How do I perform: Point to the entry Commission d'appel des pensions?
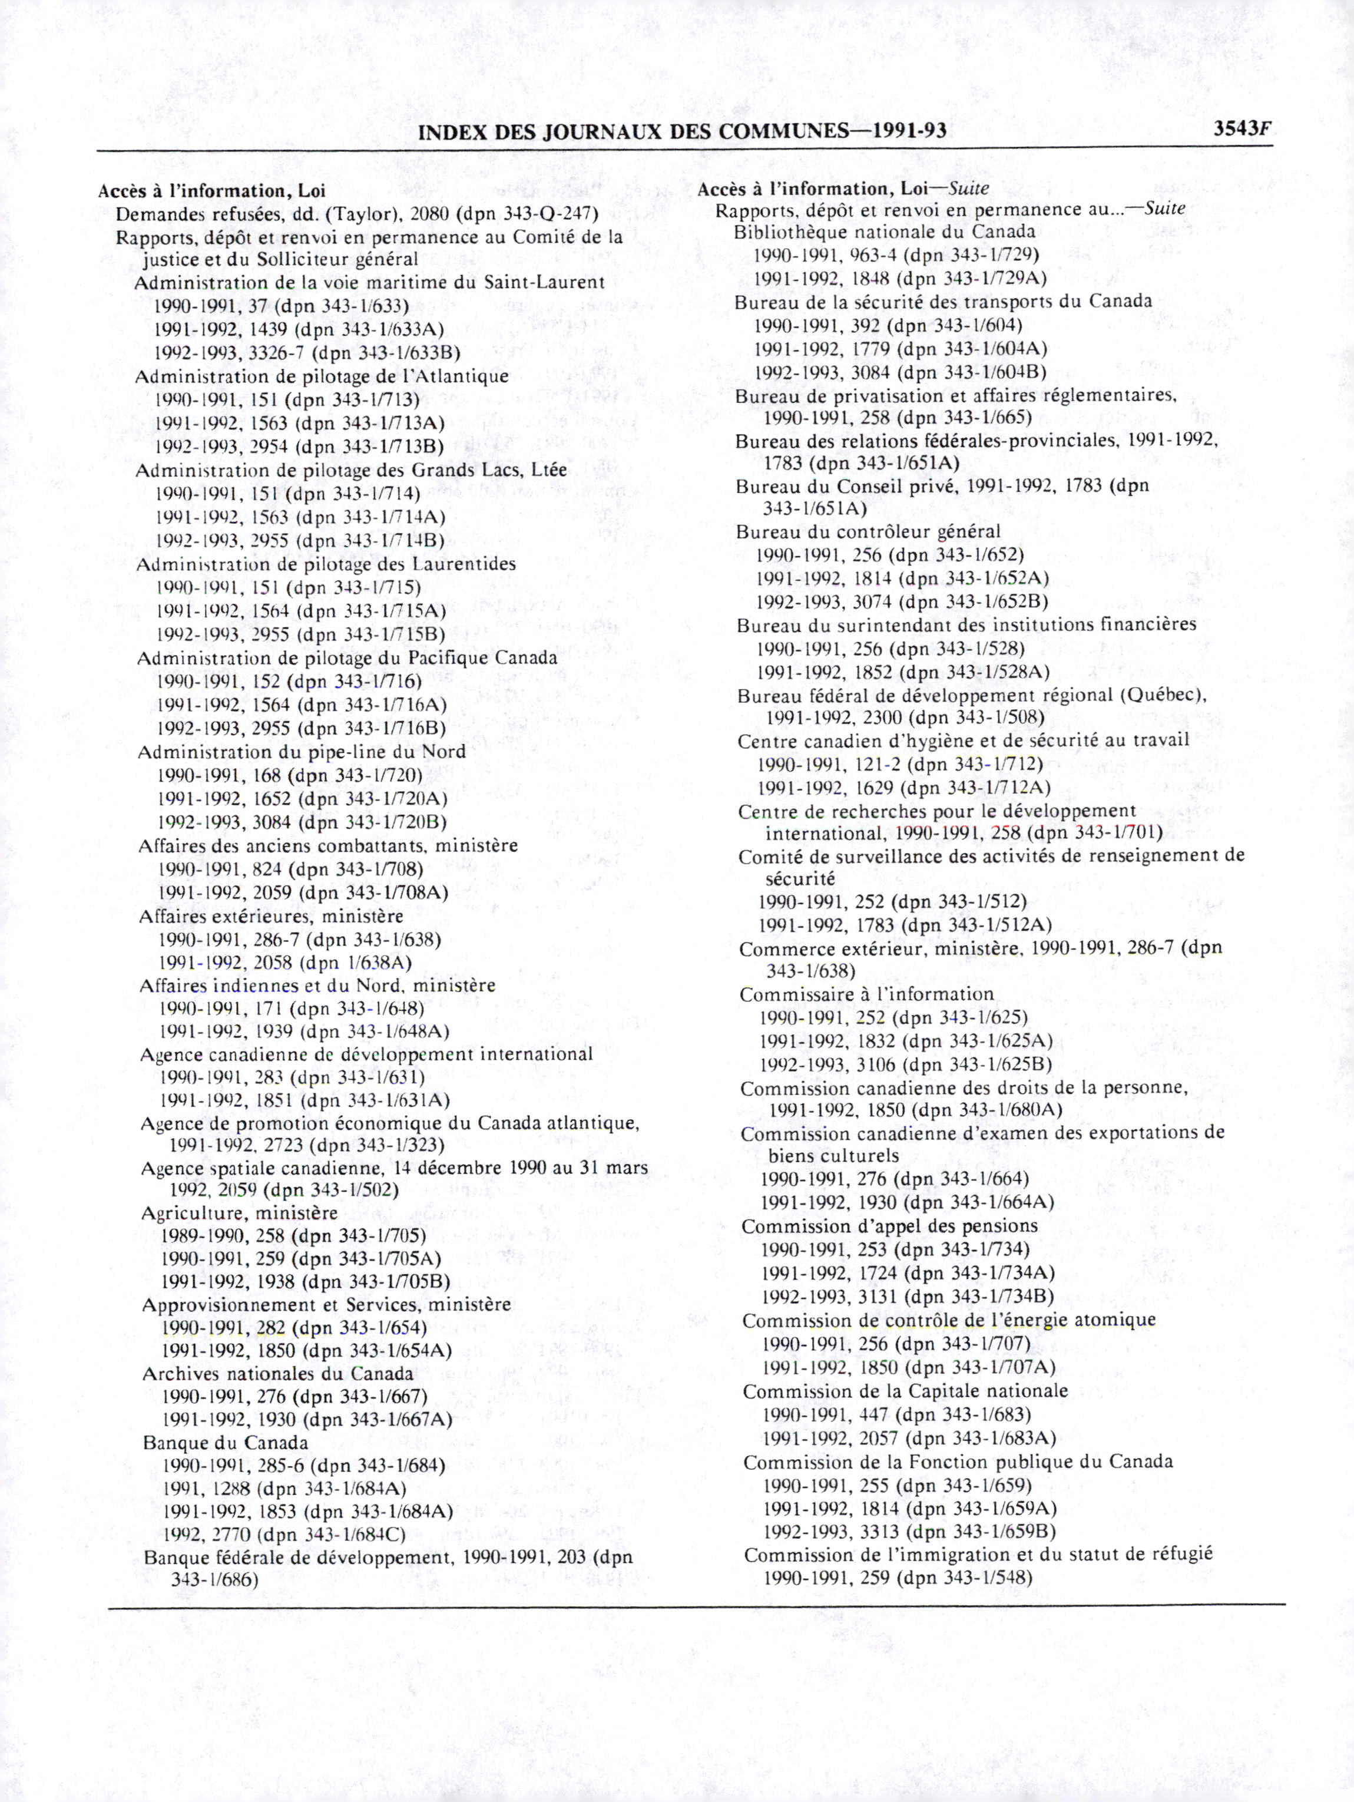tap(890, 1226)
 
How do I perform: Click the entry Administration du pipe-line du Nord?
tap(302, 751)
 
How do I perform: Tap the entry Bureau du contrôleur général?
tap(869, 533)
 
